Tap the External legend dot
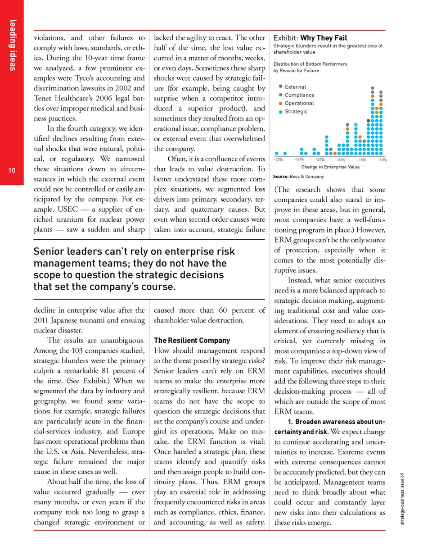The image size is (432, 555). (x=281, y=86)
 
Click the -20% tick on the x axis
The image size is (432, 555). (x=341, y=159)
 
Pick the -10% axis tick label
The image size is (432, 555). (x=382, y=159)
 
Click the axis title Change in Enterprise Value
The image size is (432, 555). (x=330, y=167)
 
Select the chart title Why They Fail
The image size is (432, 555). (x=324, y=37)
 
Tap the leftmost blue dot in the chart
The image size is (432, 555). (x=277, y=153)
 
